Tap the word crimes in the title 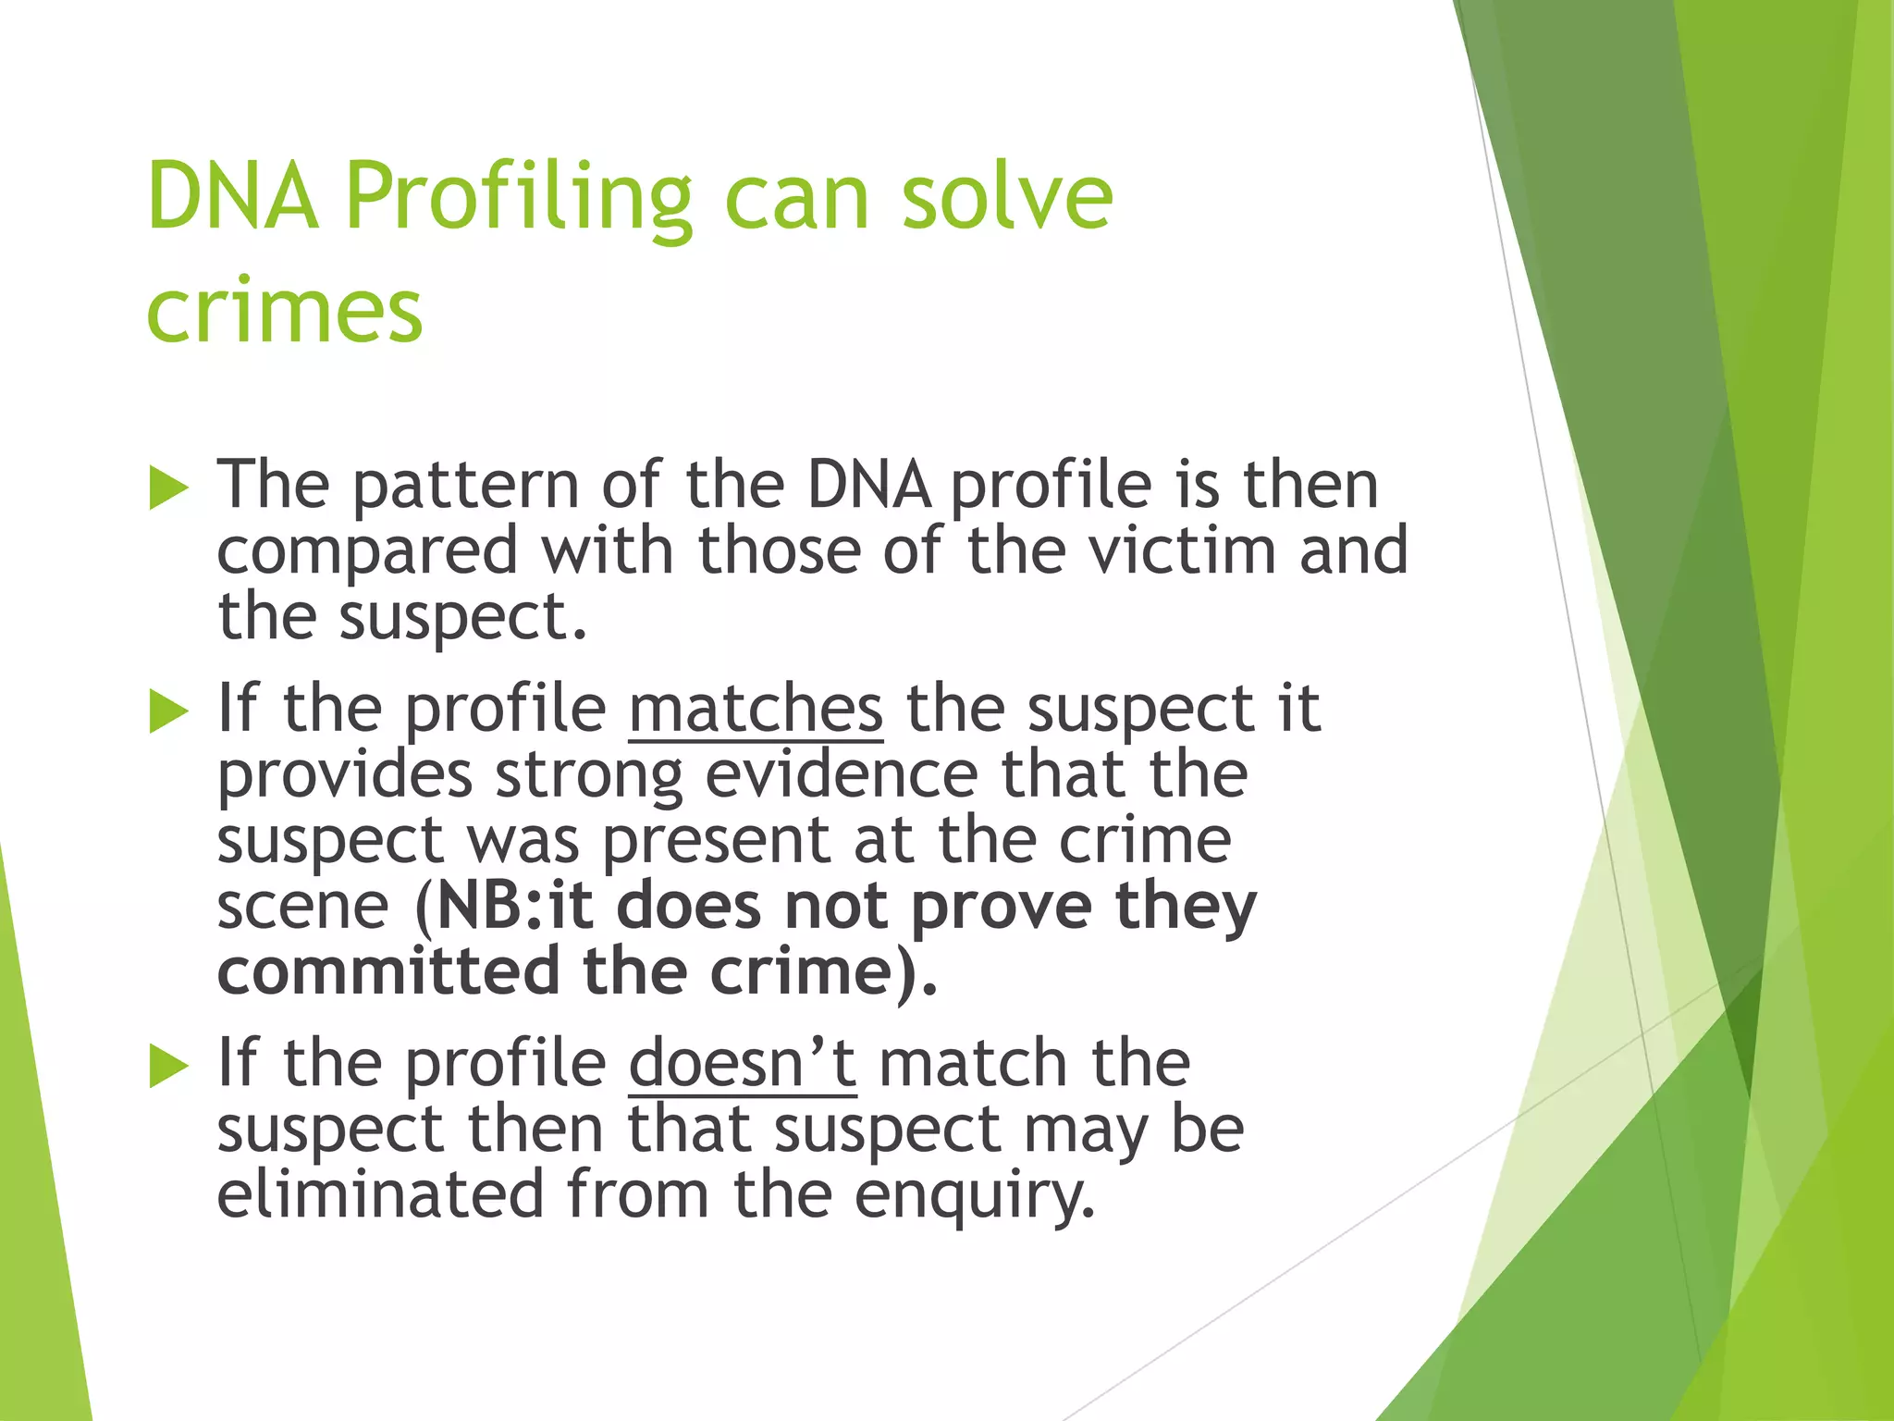(284, 310)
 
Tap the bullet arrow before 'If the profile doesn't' (168, 1066)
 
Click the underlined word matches (756, 710)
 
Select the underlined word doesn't (742, 1064)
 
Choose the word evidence (841, 775)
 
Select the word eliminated (380, 1195)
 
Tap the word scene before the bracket (302, 908)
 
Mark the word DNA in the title (232, 197)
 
